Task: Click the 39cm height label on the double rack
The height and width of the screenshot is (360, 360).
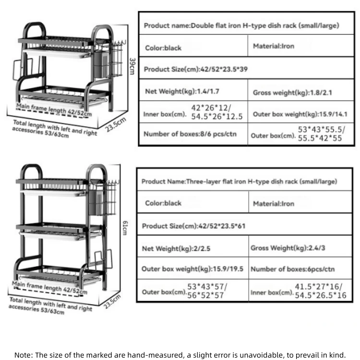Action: click(132, 66)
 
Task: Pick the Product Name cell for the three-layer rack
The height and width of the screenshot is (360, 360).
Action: click(239, 181)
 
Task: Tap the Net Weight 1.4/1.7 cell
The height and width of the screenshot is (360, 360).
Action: click(182, 91)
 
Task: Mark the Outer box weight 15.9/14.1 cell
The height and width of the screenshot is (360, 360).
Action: click(303, 114)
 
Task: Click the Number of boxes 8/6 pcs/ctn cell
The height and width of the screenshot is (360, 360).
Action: click(190, 134)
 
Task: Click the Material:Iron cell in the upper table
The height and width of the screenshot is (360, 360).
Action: click(274, 46)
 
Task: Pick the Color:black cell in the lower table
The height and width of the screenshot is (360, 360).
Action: click(163, 203)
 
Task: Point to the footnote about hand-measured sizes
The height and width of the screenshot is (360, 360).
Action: click(180, 355)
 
